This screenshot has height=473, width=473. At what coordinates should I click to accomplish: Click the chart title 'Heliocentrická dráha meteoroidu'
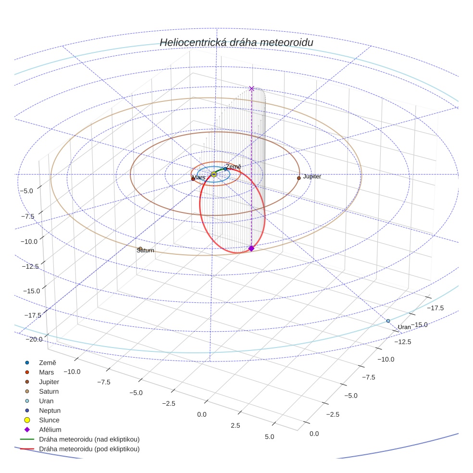[x=236, y=43]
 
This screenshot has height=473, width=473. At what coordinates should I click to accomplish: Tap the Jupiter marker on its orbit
[x=299, y=178]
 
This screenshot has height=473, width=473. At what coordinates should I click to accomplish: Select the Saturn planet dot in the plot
[x=140, y=249]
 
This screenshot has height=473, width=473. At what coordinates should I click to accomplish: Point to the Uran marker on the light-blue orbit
[x=388, y=321]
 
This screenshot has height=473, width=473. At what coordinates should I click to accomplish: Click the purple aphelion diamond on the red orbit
[x=251, y=248]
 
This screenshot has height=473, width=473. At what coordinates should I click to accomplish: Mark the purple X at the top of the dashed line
[x=251, y=88]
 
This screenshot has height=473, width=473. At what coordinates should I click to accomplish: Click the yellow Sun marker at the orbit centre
[x=214, y=174]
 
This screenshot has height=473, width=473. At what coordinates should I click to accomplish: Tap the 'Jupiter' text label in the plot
[x=312, y=177]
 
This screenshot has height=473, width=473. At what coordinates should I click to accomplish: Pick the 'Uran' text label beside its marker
[x=404, y=327]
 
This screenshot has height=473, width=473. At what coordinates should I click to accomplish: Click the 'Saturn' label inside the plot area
[x=146, y=250]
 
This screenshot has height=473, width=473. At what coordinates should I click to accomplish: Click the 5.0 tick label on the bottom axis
[x=269, y=437]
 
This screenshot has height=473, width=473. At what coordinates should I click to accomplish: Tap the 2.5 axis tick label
[x=235, y=426]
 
